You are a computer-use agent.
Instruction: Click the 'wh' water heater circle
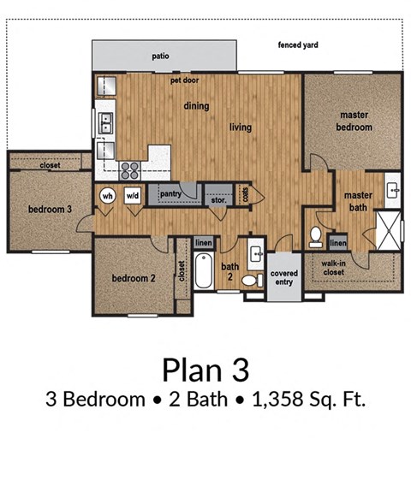coord(108,195)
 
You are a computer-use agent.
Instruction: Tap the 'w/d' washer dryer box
coord(133,195)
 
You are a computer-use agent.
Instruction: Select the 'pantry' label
coord(170,194)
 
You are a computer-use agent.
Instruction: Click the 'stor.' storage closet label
coord(219,197)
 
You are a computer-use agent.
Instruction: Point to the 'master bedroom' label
coord(354,121)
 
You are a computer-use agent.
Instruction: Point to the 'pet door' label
coord(184,80)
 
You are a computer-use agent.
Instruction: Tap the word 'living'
coord(241,127)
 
